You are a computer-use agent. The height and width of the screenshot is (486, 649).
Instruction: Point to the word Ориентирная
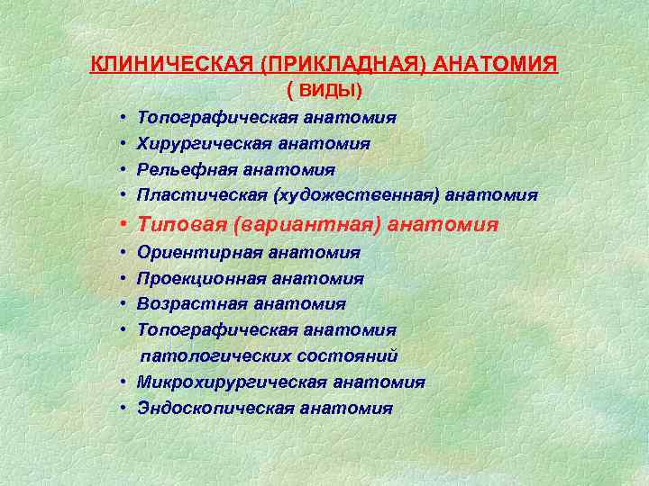point(188,254)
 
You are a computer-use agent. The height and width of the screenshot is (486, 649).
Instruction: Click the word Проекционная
point(193,280)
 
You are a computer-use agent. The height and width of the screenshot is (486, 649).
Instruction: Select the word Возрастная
point(184,305)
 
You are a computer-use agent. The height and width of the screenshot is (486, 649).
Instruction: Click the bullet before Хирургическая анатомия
point(120,144)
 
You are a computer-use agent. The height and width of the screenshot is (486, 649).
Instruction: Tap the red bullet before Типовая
point(120,225)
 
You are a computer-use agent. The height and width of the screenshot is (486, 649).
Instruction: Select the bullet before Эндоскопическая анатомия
point(120,409)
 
